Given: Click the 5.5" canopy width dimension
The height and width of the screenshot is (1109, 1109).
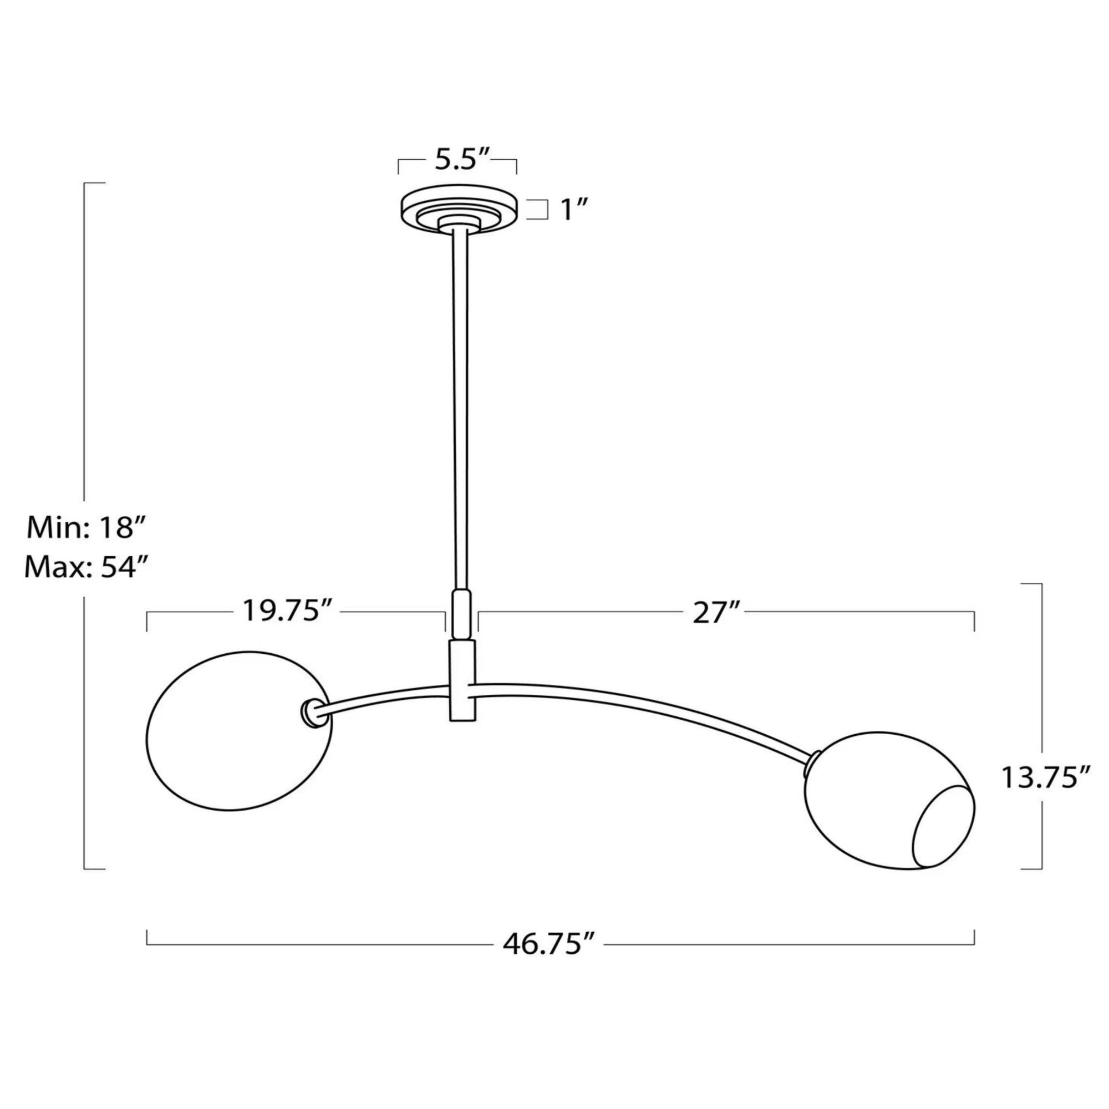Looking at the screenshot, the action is pos(461,161).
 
